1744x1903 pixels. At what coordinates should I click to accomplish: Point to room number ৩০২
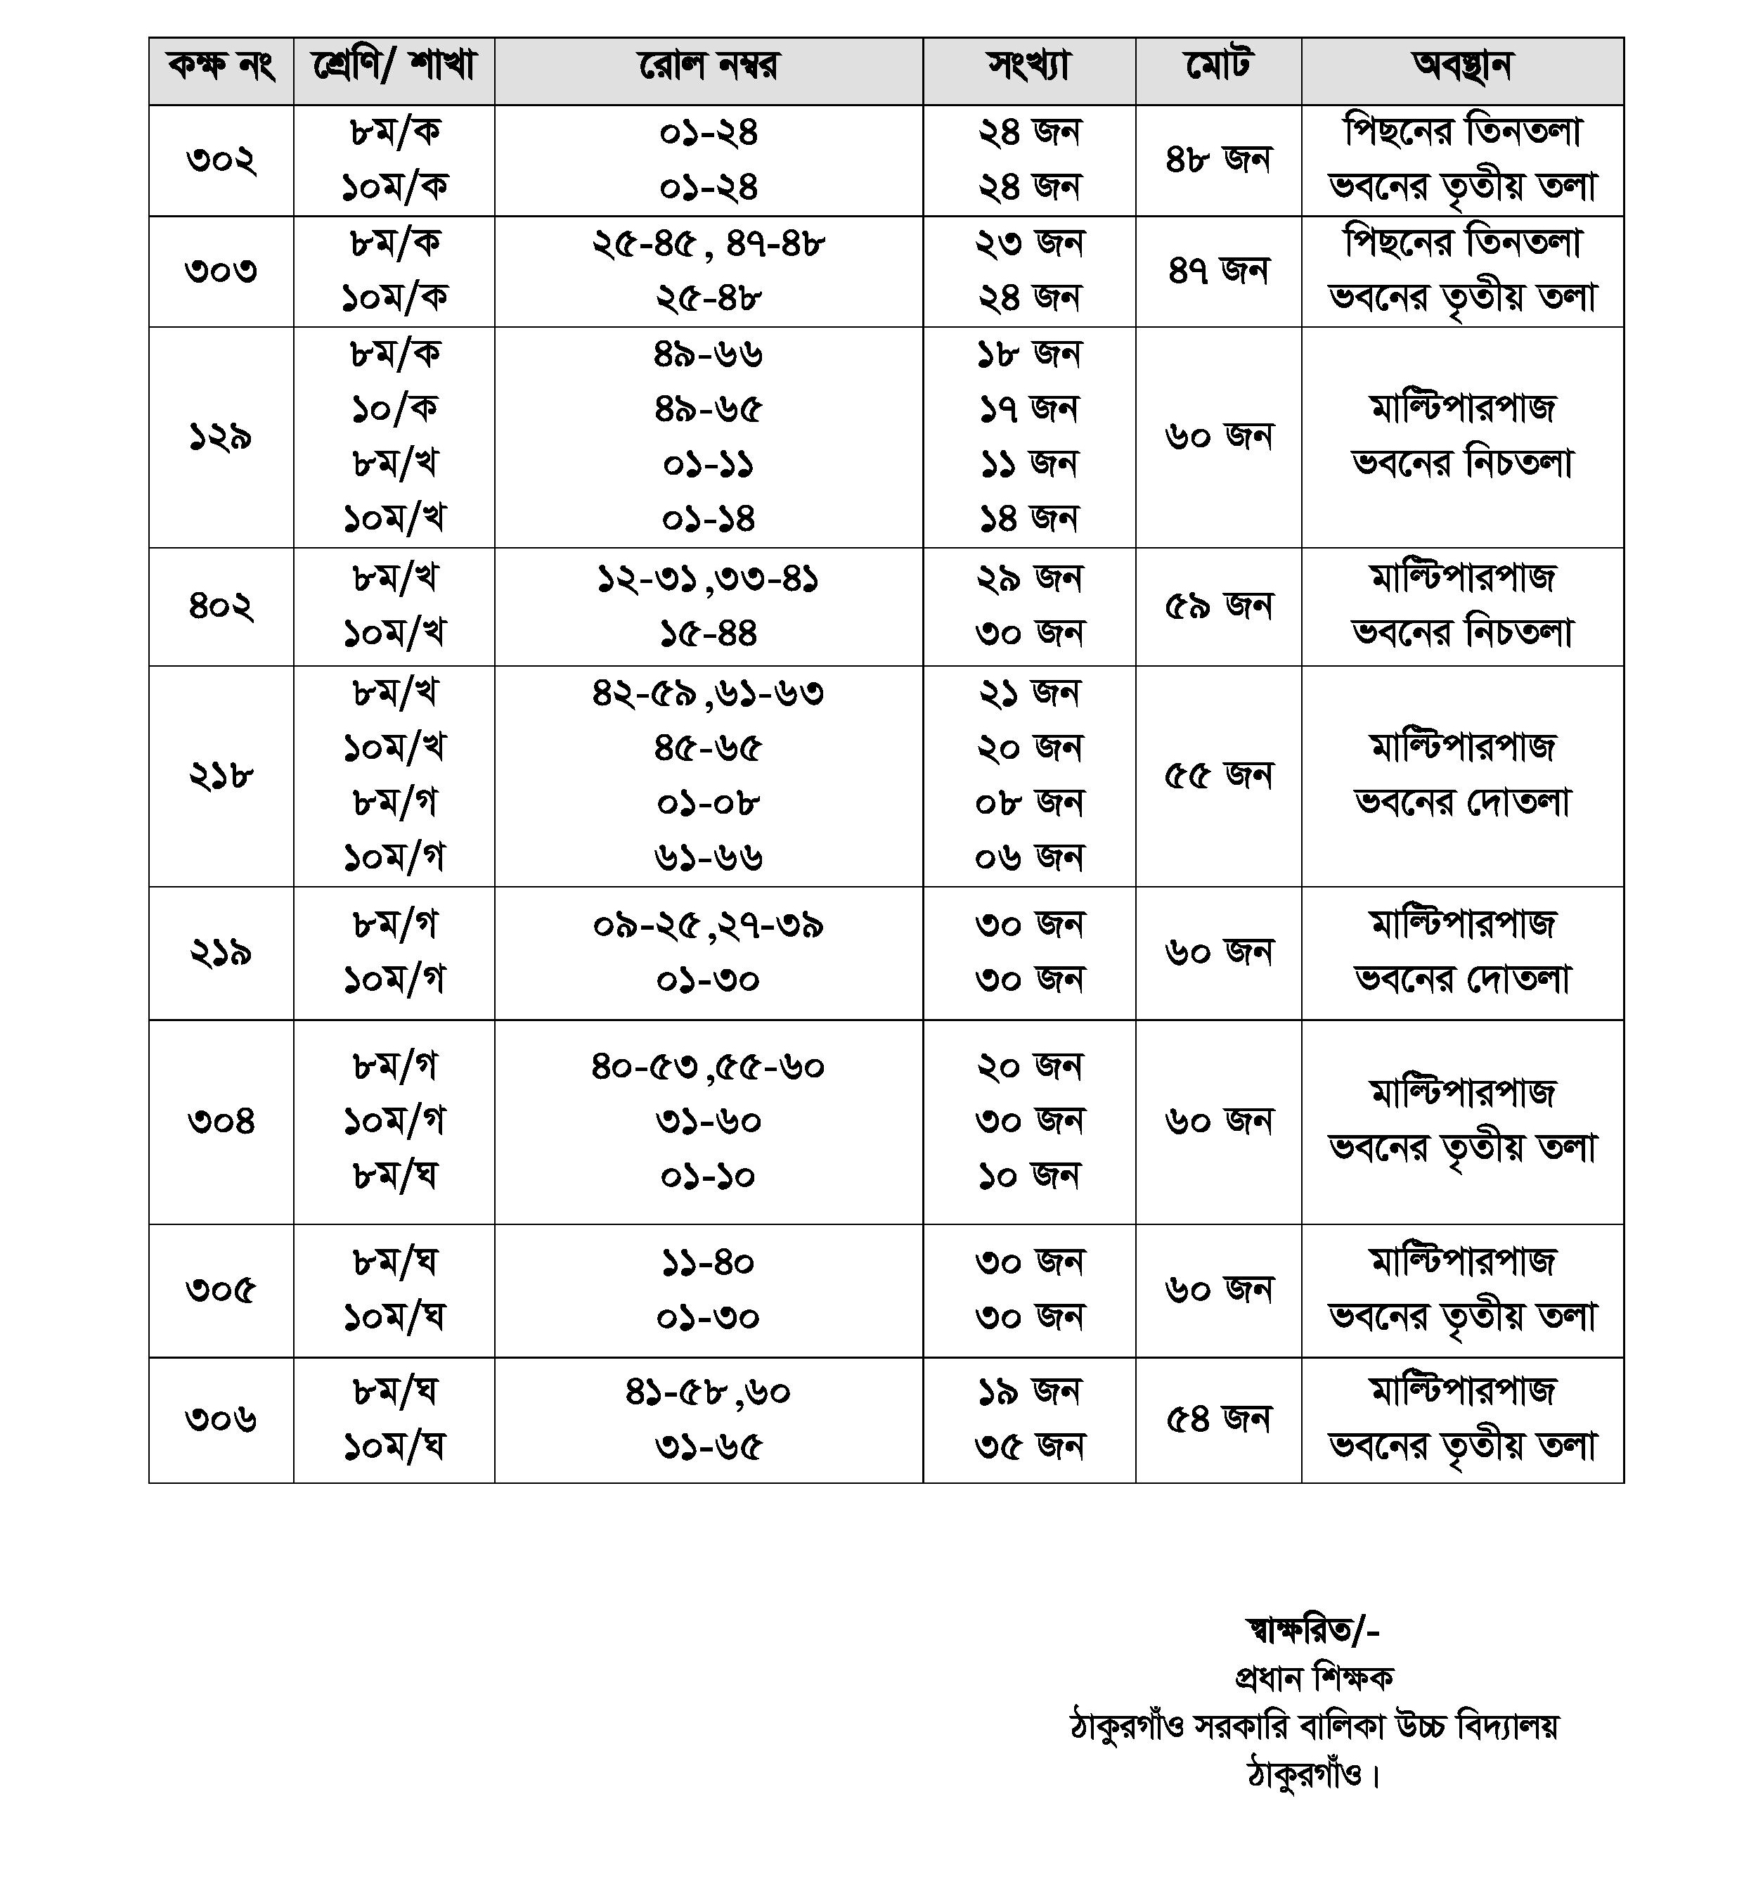(221, 160)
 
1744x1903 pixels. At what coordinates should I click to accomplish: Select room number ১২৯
(221, 437)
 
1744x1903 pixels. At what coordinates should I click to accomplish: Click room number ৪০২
(221, 606)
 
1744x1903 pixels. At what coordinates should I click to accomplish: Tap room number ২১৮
(221, 776)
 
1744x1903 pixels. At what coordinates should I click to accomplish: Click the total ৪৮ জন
(1218, 160)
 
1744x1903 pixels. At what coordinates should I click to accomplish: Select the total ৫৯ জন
(1218, 606)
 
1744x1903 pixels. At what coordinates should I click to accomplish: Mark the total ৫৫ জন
(1218, 776)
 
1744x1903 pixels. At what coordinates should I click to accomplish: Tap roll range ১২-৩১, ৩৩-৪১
(708, 579)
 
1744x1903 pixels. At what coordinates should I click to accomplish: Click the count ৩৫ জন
(1028, 1447)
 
